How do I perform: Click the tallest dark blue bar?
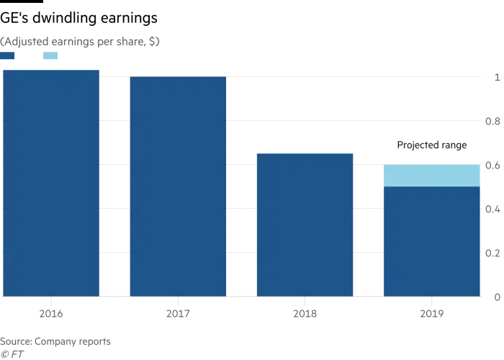click(51, 184)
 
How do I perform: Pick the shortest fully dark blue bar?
click(305, 223)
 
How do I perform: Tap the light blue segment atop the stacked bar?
click(431, 175)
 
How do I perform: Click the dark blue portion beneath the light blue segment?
click(431, 240)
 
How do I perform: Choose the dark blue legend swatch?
click(8, 57)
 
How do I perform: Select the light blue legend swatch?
click(49, 57)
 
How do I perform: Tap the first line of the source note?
click(58, 337)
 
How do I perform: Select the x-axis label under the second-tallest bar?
click(178, 315)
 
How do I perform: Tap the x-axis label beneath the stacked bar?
click(431, 315)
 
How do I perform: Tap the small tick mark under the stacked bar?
click(431, 300)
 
